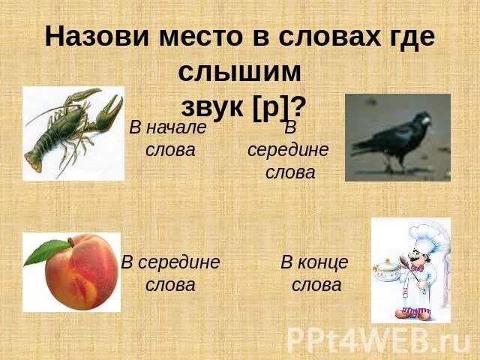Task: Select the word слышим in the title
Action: pyautogui.click(x=240, y=71)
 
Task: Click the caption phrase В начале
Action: pyautogui.click(x=167, y=127)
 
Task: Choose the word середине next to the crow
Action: pyautogui.click(x=288, y=149)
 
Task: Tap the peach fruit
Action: pyautogui.click(x=82, y=274)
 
